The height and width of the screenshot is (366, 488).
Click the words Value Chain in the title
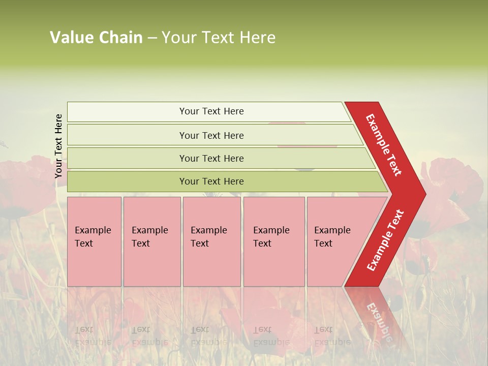coord(96,38)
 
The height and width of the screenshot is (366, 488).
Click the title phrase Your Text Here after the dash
coord(219,38)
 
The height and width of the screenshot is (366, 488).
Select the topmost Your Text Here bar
coord(211,111)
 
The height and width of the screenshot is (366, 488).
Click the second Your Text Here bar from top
coord(211,135)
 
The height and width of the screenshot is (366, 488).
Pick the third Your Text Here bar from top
coord(211,158)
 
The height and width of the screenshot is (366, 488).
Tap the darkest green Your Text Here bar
coord(211,181)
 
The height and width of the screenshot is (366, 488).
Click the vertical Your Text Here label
coord(59,146)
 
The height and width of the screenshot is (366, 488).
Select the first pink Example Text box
coord(94,241)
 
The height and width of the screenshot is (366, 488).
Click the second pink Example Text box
coord(151,241)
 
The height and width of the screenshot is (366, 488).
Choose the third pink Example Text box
coord(211,241)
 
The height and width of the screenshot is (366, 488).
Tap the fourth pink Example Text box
coord(273,241)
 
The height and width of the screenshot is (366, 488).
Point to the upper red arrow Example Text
coord(384,145)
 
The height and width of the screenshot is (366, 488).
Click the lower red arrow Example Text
coord(385,240)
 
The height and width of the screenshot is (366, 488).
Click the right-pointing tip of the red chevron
coord(423,194)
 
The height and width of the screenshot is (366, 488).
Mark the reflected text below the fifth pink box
coord(325,335)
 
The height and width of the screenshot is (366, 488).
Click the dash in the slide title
coord(152,38)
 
